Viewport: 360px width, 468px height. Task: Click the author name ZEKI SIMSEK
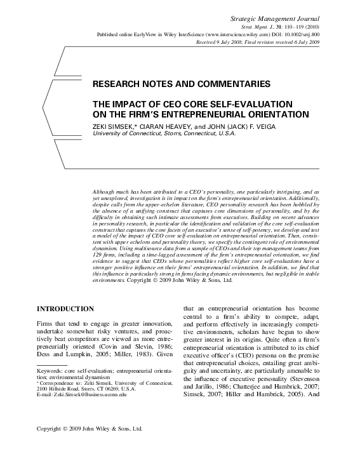pos(114,126)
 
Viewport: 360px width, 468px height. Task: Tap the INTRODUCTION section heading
pos(65,309)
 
